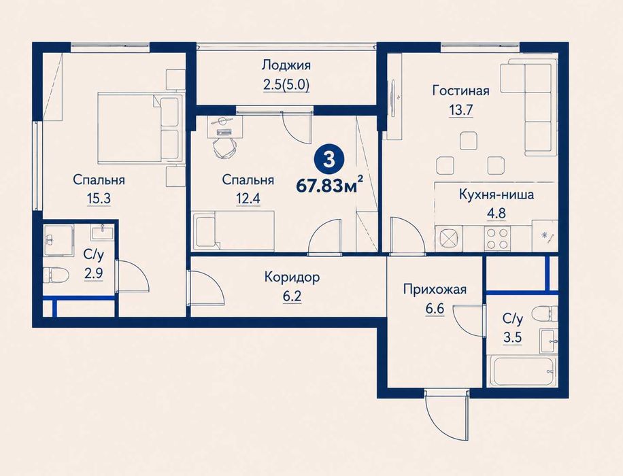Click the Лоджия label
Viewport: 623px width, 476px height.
click(x=286, y=65)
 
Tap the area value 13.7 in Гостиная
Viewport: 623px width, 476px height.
click(x=460, y=109)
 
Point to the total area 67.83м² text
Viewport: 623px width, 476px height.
click(x=330, y=185)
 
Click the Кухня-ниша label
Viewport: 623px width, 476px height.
click(x=496, y=194)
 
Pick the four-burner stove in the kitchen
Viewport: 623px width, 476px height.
click(x=497, y=239)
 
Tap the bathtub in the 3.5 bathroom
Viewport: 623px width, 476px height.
click(x=523, y=371)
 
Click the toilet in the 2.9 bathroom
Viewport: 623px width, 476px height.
click(x=56, y=275)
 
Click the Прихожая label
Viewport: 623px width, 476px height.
click(x=435, y=289)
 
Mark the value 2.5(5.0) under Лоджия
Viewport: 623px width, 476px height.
click(x=286, y=85)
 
